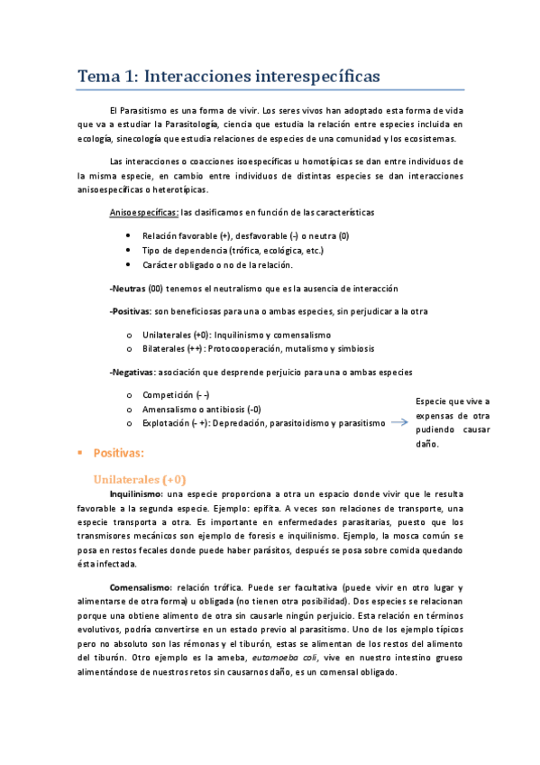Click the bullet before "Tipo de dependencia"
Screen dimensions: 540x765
[x=132, y=250]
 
